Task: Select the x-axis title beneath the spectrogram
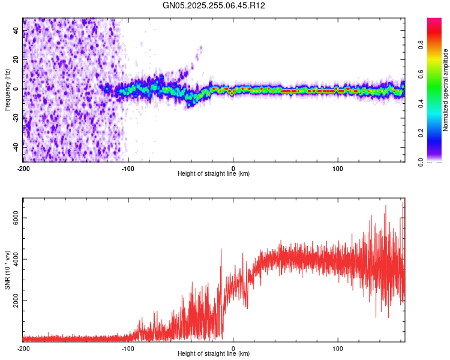pyautogui.click(x=214, y=174)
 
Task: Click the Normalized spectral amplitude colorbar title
pyautogui.click(x=446, y=90)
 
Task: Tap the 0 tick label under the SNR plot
pyautogui.click(x=233, y=349)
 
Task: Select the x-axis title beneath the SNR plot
pyautogui.click(x=214, y=354)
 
